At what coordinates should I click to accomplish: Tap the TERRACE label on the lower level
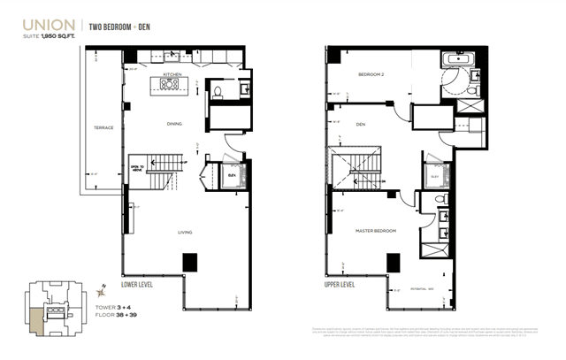tap(104, 128)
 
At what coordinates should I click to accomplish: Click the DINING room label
tap(174, 123)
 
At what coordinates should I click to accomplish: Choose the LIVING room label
tap(185, 234)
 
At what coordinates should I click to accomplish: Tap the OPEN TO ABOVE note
tap(137, 169)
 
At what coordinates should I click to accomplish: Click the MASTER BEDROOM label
tap(377, 231)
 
